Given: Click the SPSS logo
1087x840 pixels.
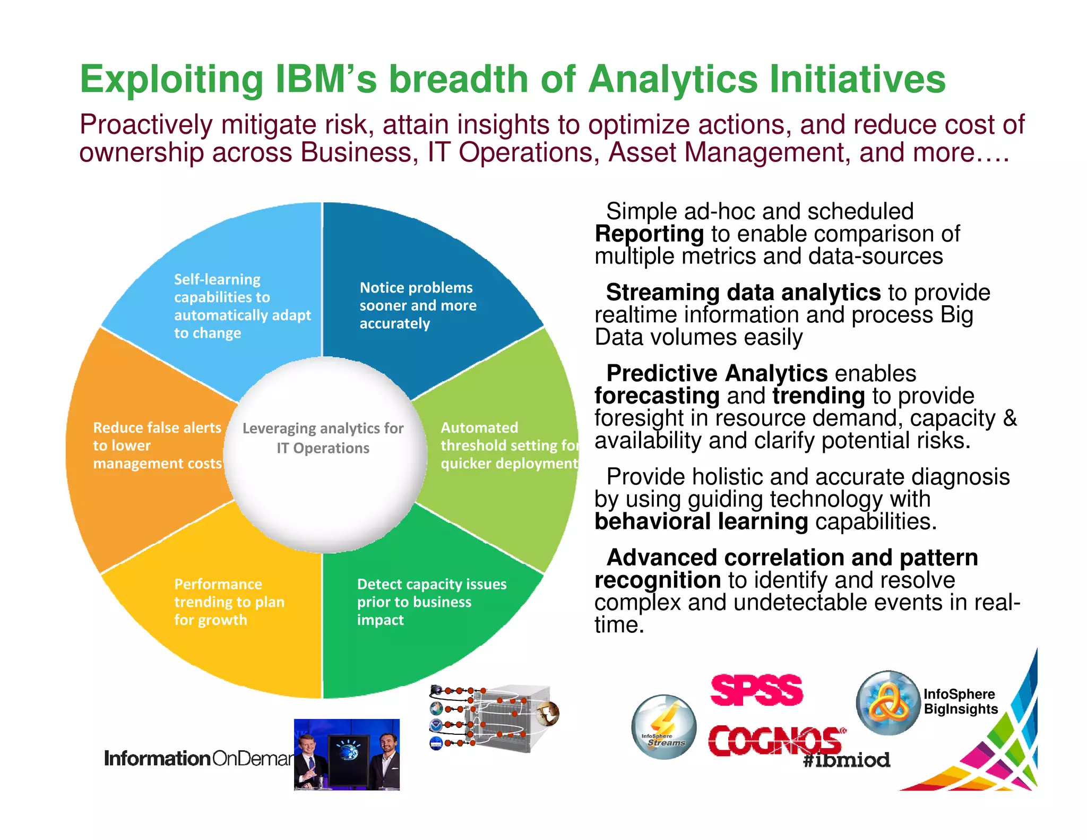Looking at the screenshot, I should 756,690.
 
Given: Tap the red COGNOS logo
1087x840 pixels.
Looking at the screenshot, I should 775,740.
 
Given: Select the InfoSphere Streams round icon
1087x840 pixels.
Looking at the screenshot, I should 663,727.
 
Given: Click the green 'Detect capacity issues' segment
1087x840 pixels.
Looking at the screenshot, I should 425,611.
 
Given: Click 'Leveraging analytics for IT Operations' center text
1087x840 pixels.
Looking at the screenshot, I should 323,438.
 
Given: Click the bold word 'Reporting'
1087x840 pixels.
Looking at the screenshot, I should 649,234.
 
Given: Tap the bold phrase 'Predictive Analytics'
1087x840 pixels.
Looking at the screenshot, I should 717,373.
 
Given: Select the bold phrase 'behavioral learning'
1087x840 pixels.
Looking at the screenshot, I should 701,521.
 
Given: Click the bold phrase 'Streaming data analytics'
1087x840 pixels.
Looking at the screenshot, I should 743,293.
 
